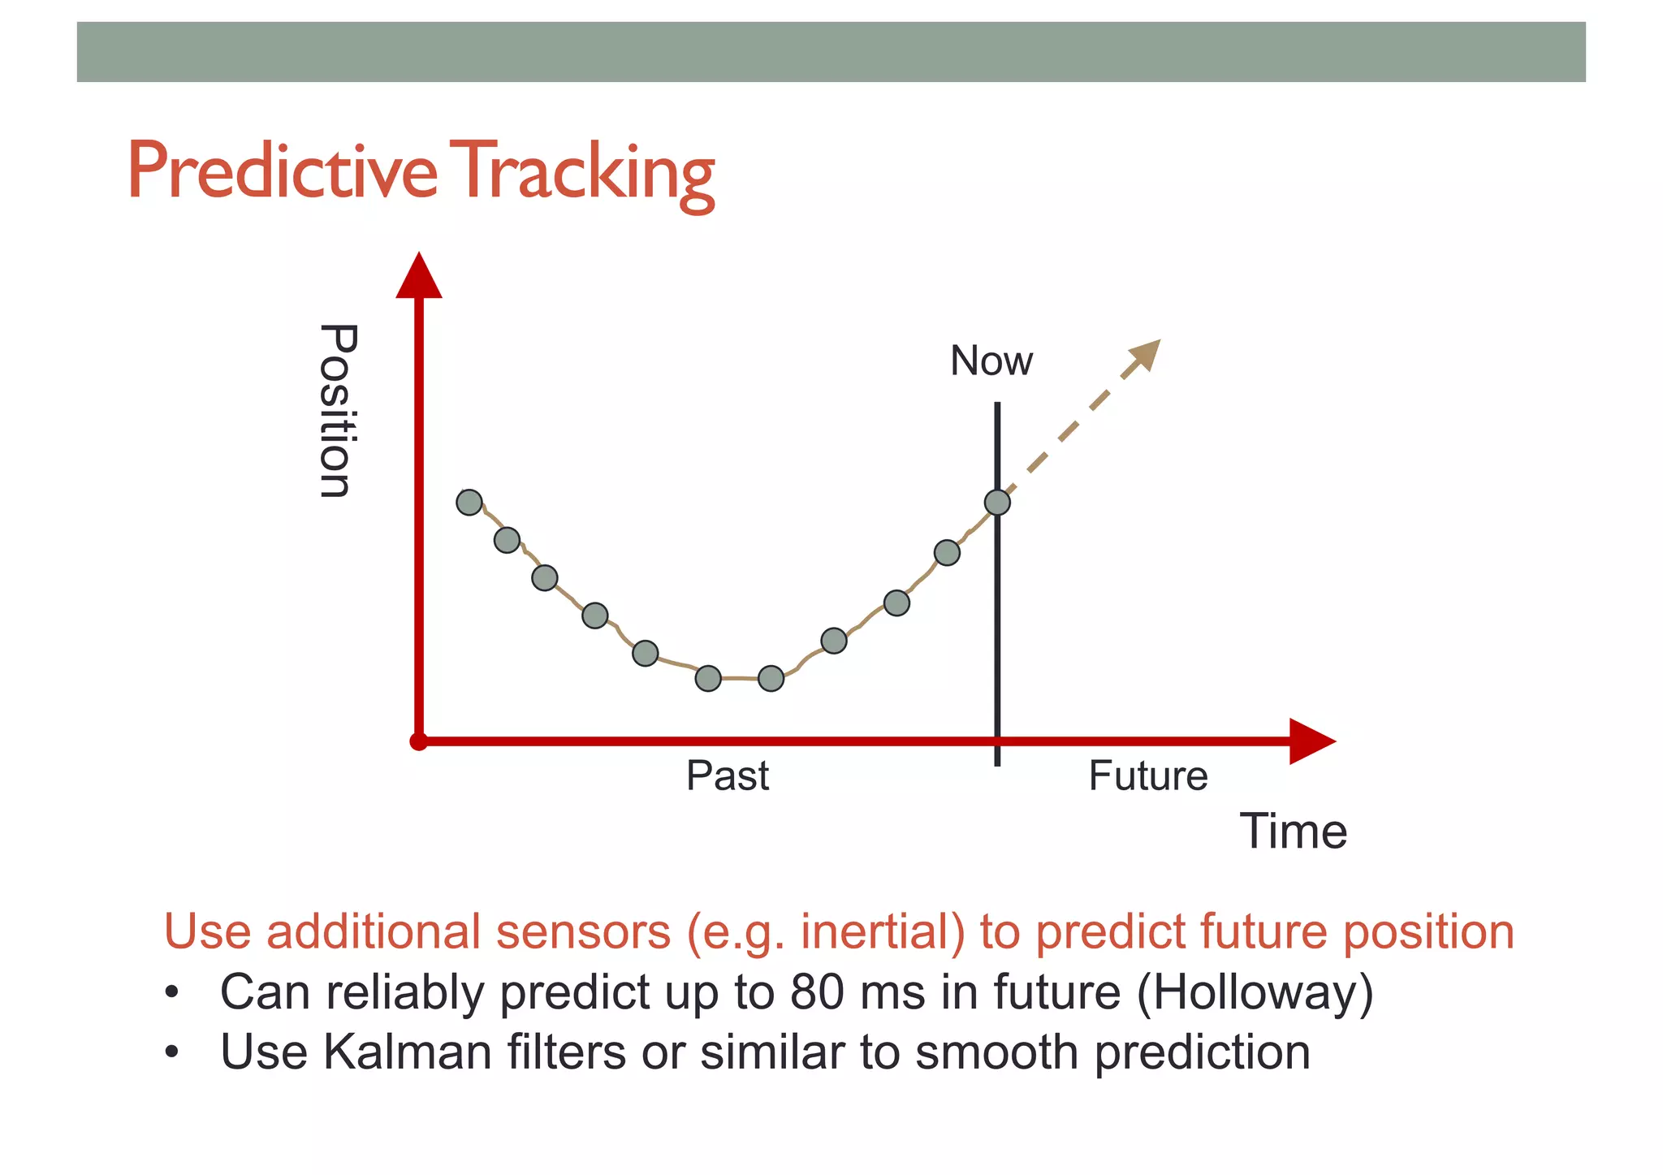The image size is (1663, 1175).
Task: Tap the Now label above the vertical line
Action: click(991, 361)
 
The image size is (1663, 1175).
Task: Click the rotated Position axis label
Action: click(336, 411)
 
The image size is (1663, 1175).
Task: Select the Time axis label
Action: click(1293, 832)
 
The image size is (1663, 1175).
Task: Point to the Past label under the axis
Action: click(727, 775)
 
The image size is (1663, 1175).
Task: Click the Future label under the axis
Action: click(1147, 775)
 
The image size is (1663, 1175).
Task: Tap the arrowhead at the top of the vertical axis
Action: click(419, 277)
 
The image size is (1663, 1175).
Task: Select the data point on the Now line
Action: click(997, 503)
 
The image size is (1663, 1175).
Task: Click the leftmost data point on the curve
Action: click(469, 503)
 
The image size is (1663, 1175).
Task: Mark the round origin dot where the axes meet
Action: click(419, 741)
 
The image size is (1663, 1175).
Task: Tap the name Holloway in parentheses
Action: click(1255, 992)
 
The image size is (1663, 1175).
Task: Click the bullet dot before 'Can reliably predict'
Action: click(171, 993)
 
